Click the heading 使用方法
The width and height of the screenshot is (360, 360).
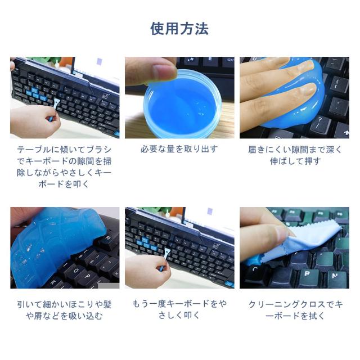179,29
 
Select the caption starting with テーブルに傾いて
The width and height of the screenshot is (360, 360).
64,166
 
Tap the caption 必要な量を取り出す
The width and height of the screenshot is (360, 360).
179,150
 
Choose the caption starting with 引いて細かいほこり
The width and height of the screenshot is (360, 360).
64,310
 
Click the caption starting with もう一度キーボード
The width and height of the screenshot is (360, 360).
179,310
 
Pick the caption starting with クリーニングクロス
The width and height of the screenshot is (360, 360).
295,310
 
